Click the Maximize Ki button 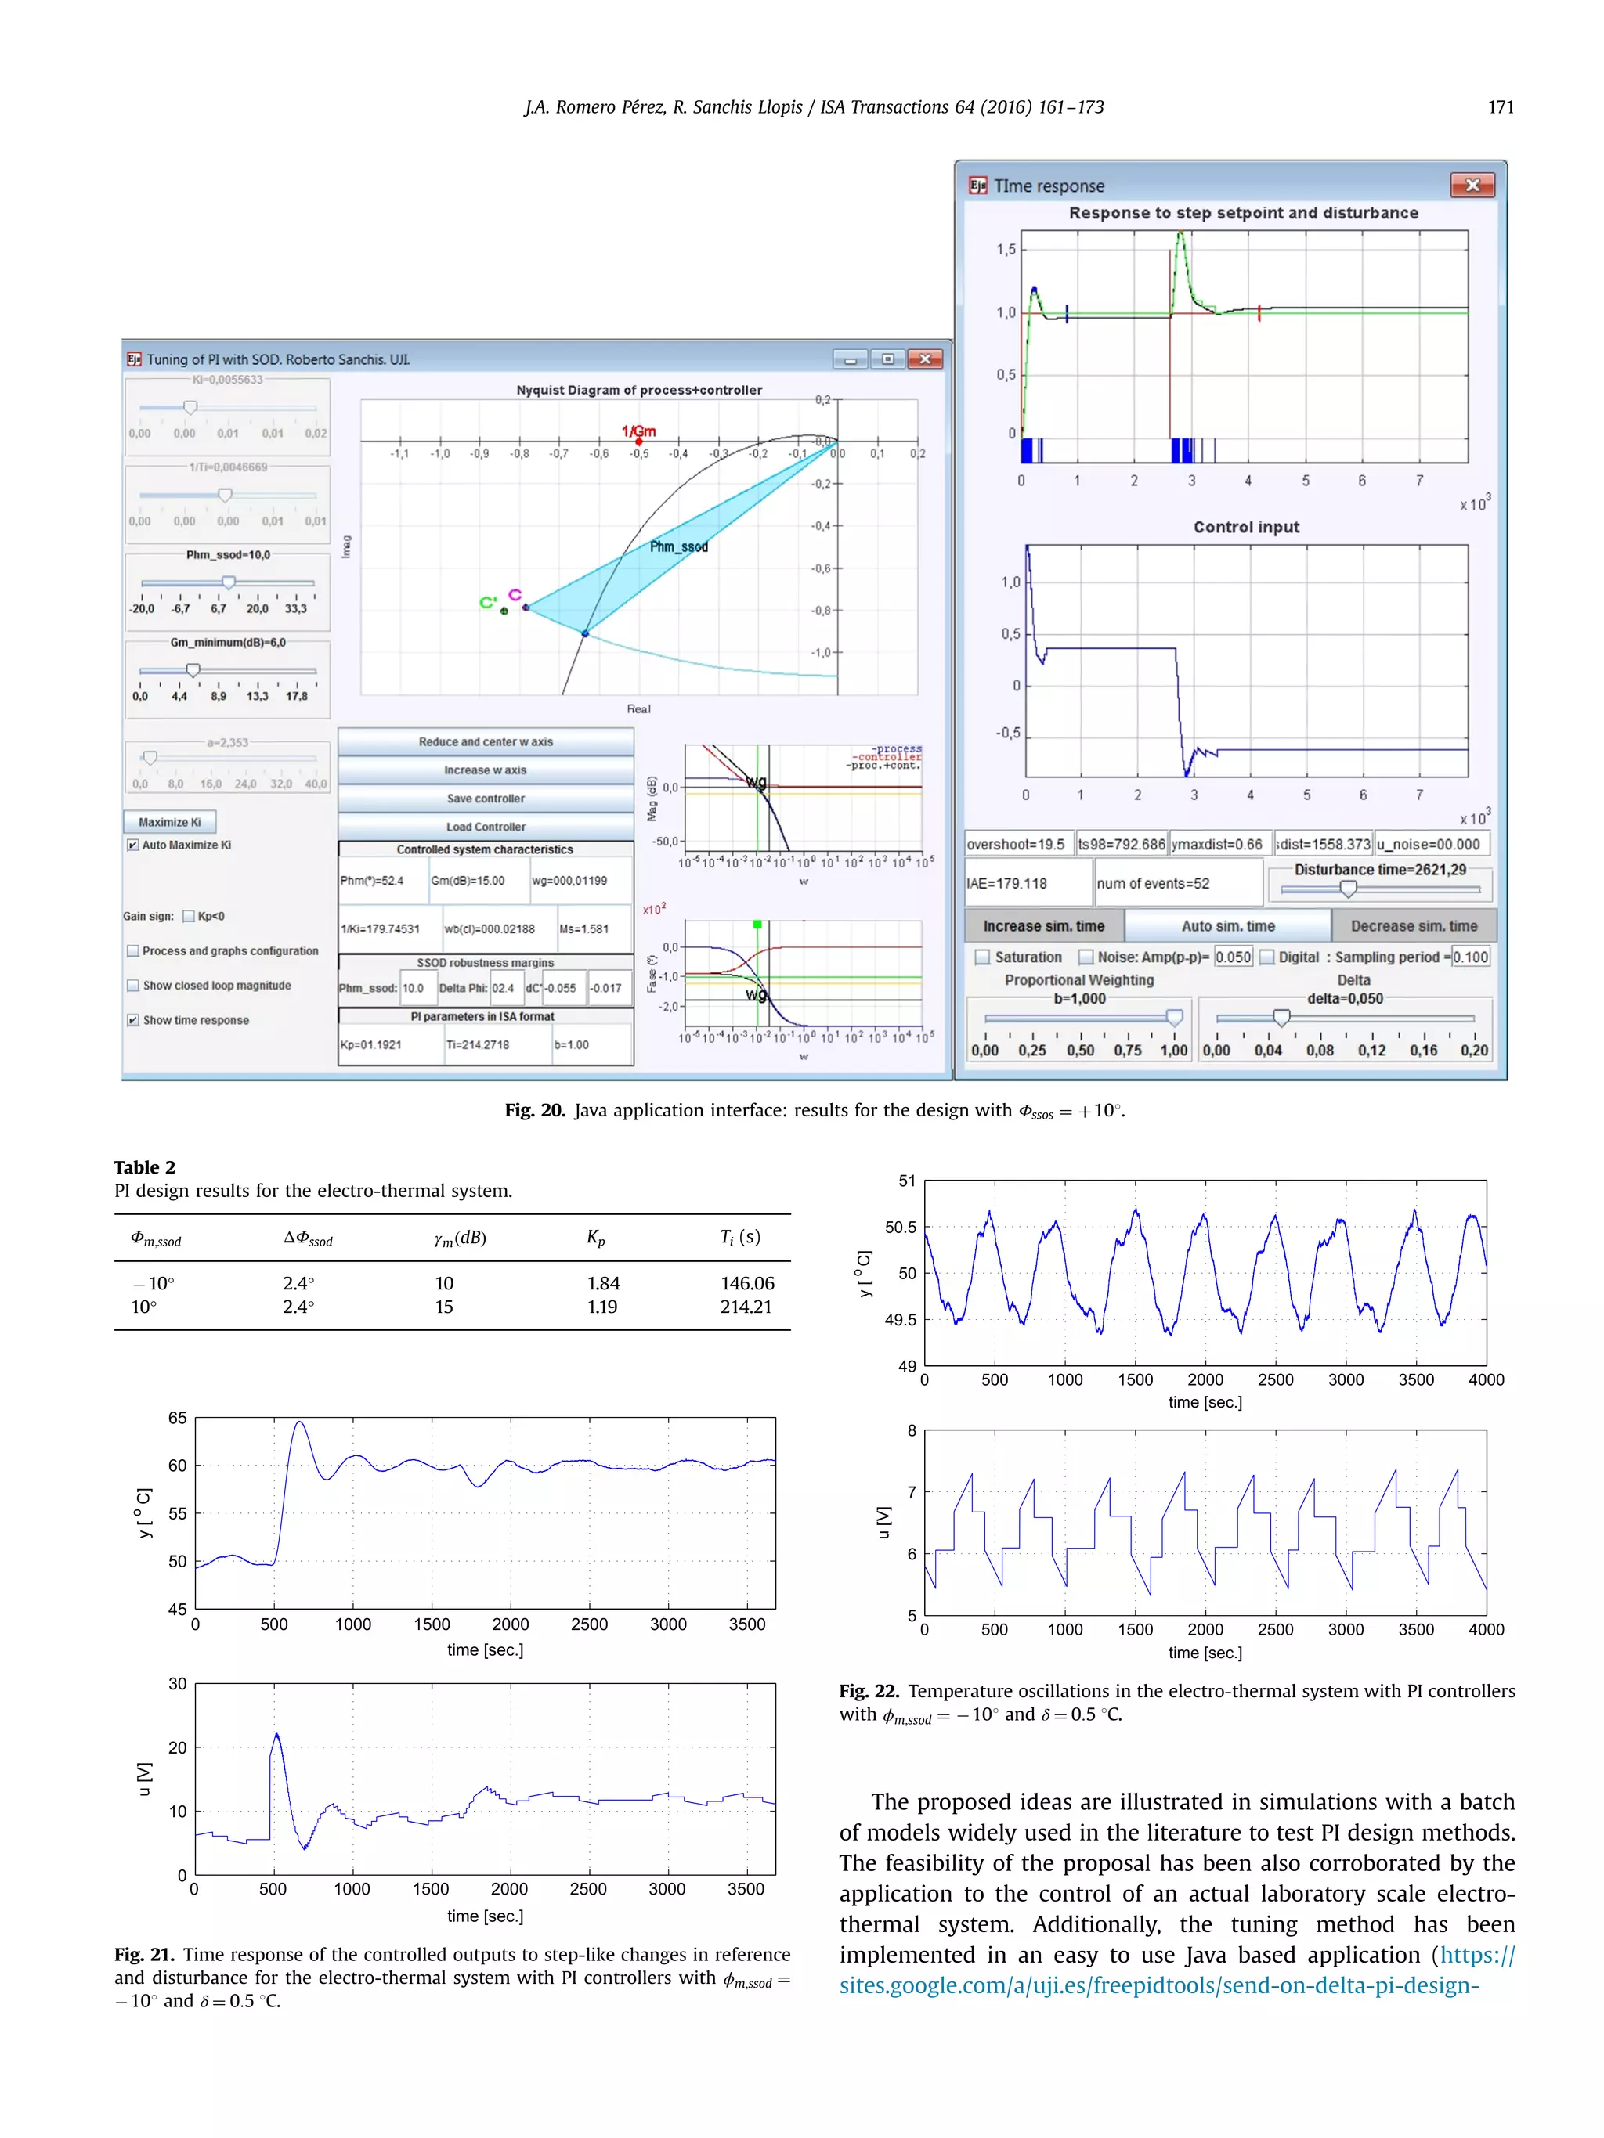click(169, 821)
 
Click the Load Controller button click(486, 827)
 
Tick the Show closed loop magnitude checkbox click(132, 985)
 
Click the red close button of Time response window click(1472, 185)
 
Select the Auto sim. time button click(1227, 926)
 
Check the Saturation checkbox click(982, 957)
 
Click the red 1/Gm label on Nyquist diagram click(638, 431)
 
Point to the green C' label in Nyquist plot click(488, 602)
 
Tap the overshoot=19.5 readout click(1016, 844)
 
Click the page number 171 click(1501, 107)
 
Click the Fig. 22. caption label click(869, 1690)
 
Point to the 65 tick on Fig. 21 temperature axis click(177, 1418)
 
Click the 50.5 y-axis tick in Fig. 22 click(900, 1227)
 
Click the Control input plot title click(1245, 527)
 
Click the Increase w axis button click(486, 770)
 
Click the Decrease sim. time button click(1413, 926)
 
